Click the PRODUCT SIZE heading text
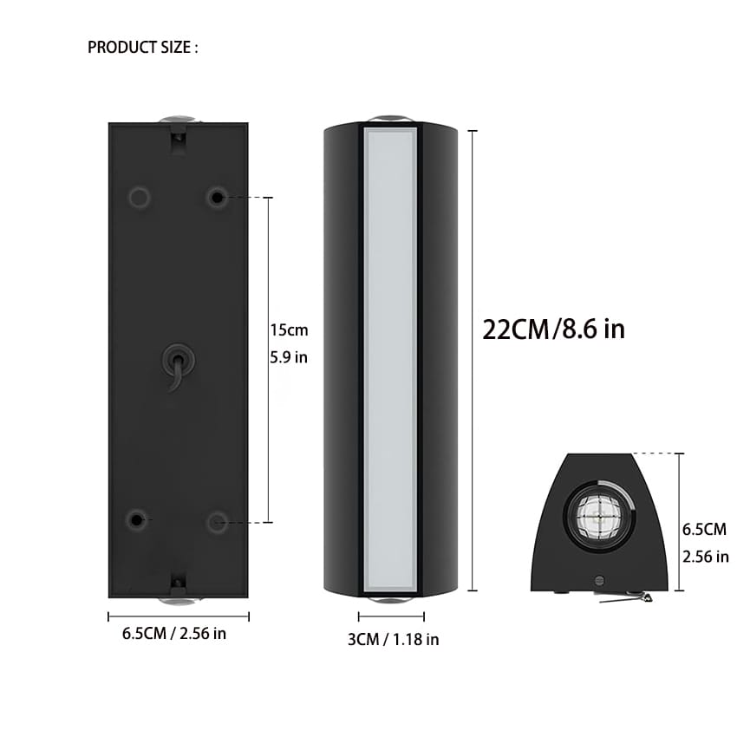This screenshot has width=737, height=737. tap(143, 48)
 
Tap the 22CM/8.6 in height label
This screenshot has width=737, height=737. tap(553, 329)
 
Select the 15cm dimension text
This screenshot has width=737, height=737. tap(289, 330)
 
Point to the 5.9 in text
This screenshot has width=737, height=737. tap(289, 357)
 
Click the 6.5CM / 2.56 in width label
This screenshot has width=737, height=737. tap(174, 634)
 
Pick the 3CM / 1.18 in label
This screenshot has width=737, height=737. tap(393, 640)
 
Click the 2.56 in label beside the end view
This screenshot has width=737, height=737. tap(705, 557)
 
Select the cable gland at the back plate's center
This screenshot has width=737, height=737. tap(178, 359)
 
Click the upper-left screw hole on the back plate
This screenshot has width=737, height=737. tap(139, 198)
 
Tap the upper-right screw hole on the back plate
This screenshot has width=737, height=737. tap(217, 198)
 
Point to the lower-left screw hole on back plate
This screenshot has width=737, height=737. tap(137, 520)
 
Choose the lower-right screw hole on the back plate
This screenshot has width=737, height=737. tap(217, 521)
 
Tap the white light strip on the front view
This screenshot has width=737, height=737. tap(390, 360)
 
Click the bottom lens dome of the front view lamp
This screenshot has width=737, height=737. tap(390, 600)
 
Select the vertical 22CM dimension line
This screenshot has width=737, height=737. tap(473, 360)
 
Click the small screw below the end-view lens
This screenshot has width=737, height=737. tap(599, 578)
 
